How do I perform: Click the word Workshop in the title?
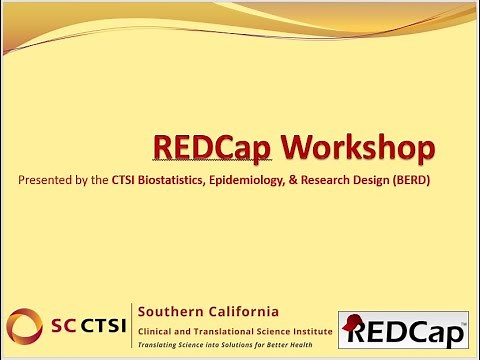(x=358, y=148)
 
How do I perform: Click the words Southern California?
(x=207, y=310)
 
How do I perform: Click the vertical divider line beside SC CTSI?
(x=131, y=325)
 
